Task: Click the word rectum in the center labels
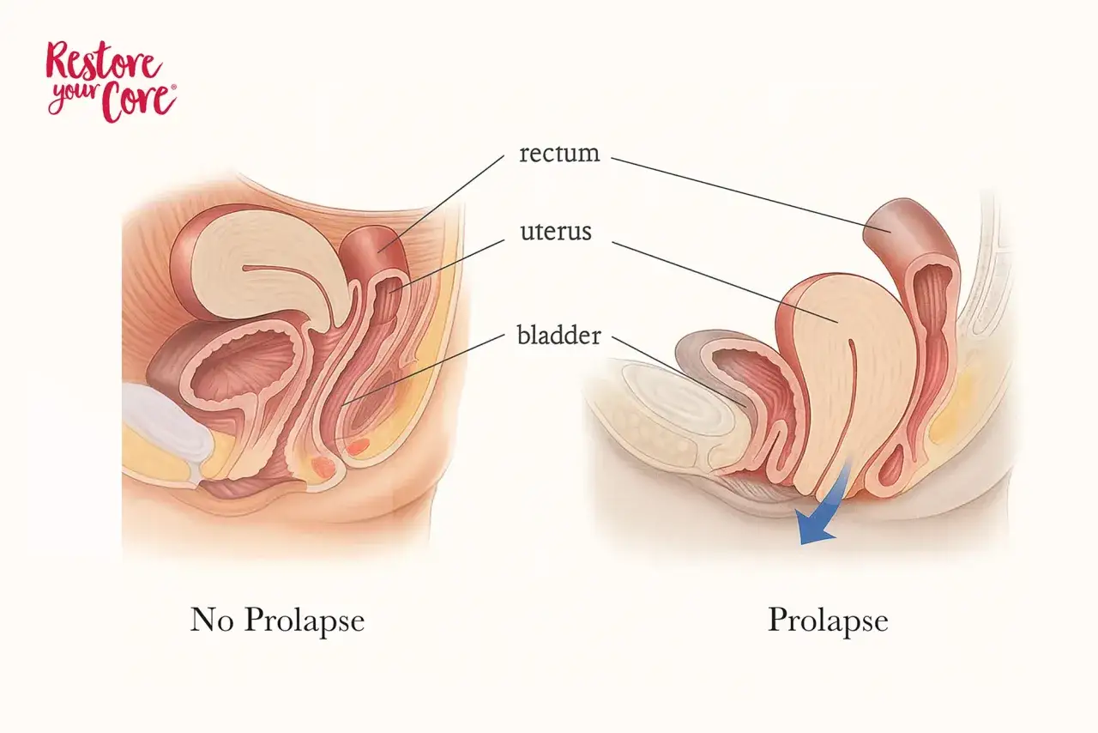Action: click(559, 153)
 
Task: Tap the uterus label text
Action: click(556, 231)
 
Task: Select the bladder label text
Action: click(558, 336)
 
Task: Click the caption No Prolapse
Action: click(277, 621)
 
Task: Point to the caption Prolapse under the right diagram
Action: click(828, 621)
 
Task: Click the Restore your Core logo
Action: click(112, 82)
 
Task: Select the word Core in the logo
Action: click(139, 102)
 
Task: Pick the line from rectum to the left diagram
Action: click(441, 204)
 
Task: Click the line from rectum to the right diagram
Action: click(751, 195)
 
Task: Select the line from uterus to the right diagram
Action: click(725, 282)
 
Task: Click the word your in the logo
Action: click(74, 96)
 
